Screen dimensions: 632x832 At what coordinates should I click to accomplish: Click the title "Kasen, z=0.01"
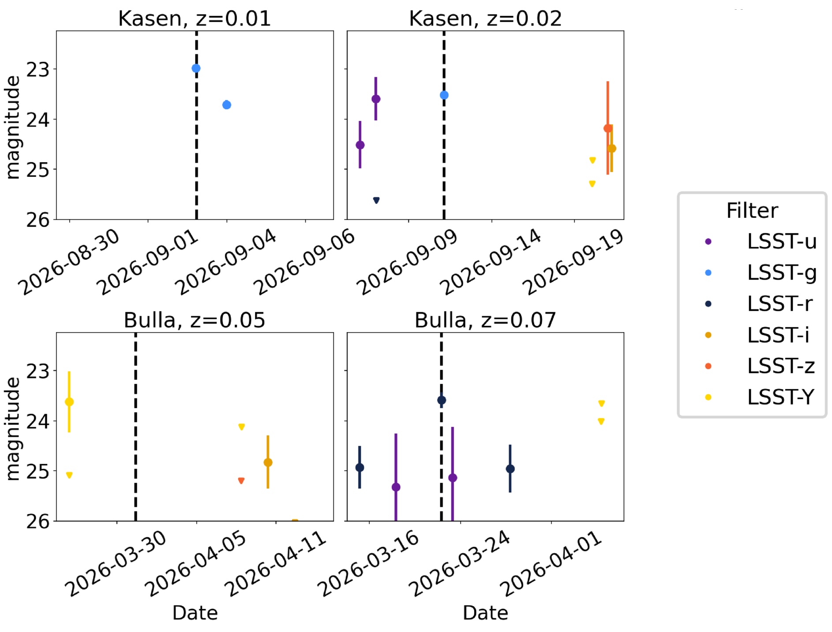(194, 19)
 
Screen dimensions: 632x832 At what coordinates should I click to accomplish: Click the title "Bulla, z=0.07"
(485, 320)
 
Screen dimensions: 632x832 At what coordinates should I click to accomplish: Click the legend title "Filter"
(752, 211)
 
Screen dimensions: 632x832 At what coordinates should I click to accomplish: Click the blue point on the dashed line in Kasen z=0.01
(196, 68)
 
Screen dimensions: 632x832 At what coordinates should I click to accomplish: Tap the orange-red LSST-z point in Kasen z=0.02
(607, 128)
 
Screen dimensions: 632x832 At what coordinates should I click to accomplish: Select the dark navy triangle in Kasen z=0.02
(376, 201)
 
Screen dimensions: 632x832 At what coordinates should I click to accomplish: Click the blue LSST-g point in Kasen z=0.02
(444, 95)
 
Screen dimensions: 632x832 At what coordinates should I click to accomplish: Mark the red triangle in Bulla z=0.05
(241, 481)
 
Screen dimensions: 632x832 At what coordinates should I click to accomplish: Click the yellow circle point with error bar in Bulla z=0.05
(69, 402)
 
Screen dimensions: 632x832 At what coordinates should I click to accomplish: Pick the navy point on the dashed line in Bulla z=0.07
(442, 400)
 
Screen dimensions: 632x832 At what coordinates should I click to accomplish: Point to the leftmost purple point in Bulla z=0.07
(396, 487)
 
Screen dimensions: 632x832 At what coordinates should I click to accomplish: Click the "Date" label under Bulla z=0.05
(195, 613)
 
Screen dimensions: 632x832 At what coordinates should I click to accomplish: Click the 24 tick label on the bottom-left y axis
(37, 421)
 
